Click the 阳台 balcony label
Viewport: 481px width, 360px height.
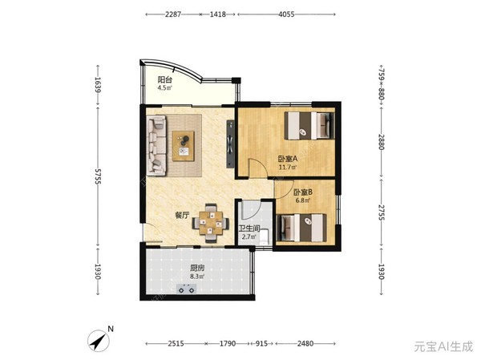[x=164, y=80]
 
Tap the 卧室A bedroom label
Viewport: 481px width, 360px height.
[x=288, y=159]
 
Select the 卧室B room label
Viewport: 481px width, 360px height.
[x=303, y=192]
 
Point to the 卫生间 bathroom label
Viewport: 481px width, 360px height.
[x=249, y=229]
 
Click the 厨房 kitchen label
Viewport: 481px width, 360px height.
[x=197, y=269]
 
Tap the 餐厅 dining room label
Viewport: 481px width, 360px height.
[x=182, y=216]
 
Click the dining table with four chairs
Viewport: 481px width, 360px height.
[x=211, y=223]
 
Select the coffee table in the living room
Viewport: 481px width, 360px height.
[x=184, y=146]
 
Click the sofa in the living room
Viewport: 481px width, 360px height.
[x=157, y=145]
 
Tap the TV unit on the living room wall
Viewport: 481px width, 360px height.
[x=230, y=144]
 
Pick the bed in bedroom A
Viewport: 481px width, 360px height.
[x=309, y=126]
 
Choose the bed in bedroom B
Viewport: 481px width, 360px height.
[x=301, y=228]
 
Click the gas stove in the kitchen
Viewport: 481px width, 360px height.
[x=187, y=289]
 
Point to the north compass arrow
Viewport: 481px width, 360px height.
[x=99, y=341]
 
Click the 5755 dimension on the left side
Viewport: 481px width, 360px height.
[x=98, y=176]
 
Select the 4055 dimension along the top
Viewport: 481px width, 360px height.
[x=286, y=14]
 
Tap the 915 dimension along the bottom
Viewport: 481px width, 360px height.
[x=261, y=343]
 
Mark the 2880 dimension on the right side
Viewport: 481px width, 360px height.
[x=382, y=142]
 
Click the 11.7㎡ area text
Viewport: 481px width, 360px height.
[x=288, y=168]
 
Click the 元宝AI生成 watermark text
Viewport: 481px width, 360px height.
[x=443, y=346]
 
